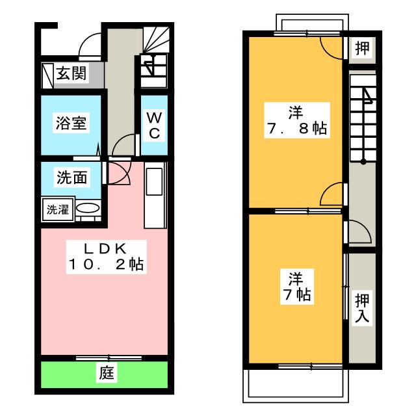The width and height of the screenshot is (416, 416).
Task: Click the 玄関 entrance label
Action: click(71, 73)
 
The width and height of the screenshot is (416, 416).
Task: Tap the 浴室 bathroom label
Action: click(71, 123)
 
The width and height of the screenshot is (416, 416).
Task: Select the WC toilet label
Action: click(154, 125)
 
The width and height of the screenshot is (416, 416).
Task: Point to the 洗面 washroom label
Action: click(72, 177)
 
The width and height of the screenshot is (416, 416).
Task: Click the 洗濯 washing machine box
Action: click(58, 209)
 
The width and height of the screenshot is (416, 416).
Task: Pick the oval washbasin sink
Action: click(88, 208)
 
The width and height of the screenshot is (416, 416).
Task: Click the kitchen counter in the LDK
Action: click(155, 195)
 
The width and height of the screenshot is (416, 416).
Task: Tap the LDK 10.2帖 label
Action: click(106, 257)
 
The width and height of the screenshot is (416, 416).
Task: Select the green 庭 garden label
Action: click(107, 373)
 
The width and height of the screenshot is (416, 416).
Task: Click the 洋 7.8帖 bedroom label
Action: click(297, 120)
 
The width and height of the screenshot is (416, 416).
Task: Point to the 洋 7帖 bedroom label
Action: click(297, 286)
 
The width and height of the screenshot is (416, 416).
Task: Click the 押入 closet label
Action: click(362, 307)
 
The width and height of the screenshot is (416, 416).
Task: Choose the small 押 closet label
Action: click(362, 48)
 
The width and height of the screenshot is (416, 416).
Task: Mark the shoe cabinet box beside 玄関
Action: click(47, 75)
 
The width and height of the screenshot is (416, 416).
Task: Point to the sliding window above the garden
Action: click(109, 357)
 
